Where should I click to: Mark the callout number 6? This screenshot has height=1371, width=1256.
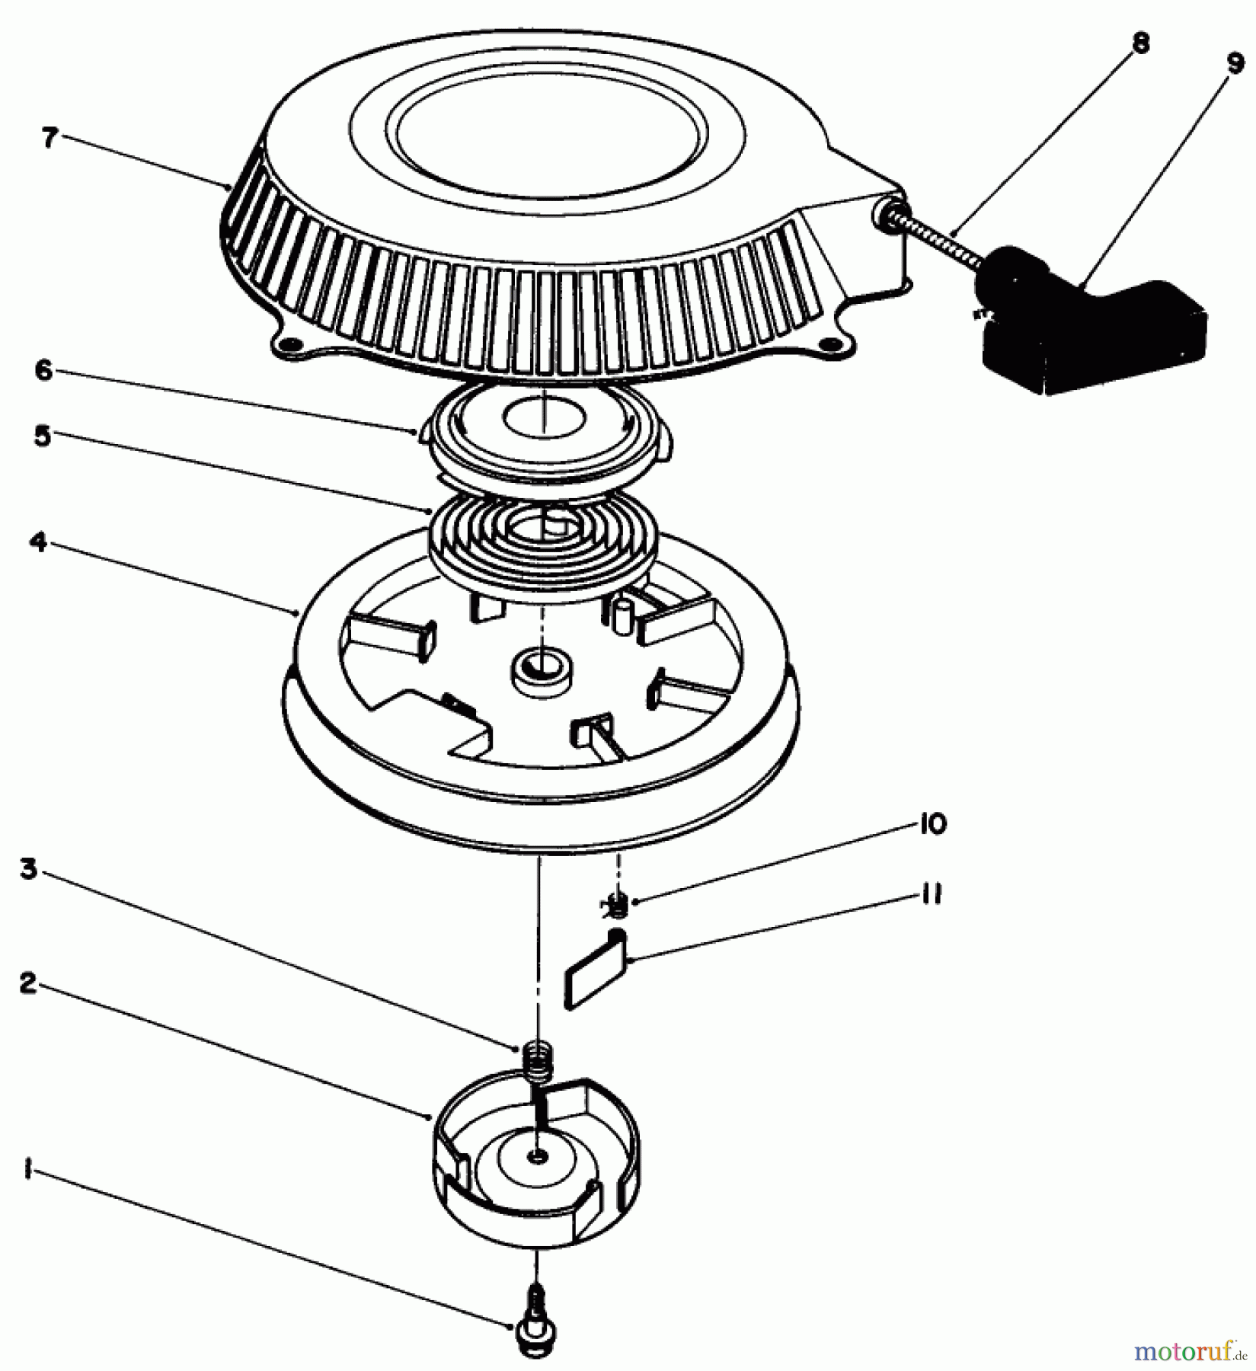point(43,373)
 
